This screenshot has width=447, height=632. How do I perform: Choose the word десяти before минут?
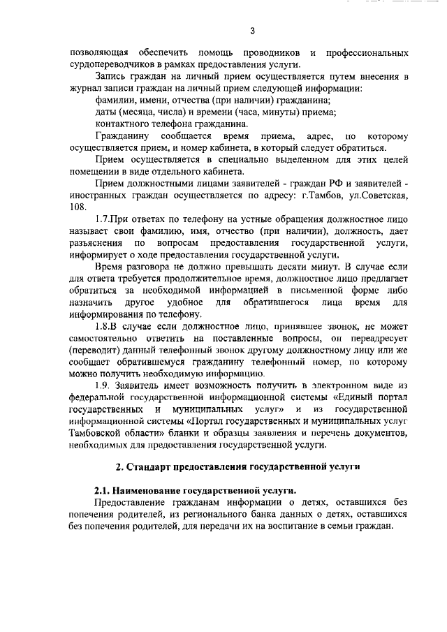(x=288, y=267)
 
